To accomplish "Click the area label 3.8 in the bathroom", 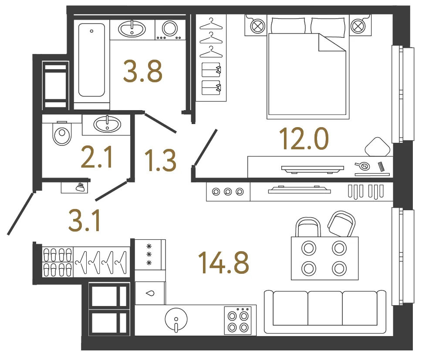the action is (143, 71).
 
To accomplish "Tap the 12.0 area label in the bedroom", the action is (304, 138).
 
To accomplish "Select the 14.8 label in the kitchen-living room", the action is (223, 262).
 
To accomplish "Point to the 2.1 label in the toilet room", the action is (97, 157).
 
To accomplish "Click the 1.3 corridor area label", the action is (160, 160).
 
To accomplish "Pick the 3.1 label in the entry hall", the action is (84, 221).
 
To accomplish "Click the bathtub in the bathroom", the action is (91, 60).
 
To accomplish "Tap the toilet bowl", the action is (62, 134).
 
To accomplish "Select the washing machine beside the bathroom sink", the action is (170, 30).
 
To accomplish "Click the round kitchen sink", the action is (176, 320).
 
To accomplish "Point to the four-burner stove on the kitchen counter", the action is (238, 320).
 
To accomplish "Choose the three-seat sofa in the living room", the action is (325, 312).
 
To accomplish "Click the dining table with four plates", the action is (325, 258).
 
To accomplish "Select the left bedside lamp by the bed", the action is (257, 26).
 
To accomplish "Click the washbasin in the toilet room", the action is (107, 124).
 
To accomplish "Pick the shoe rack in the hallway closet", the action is (57, 262).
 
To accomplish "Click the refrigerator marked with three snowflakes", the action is (150, 255).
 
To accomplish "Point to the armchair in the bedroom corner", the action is (378, 147).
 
